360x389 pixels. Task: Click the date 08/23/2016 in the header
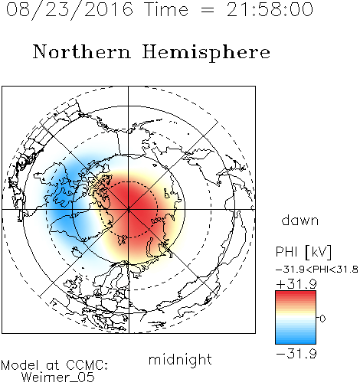[x=70, y=10]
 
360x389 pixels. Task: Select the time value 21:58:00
[x=270, y=9]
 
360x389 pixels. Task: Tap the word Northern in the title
[x=82, y=51]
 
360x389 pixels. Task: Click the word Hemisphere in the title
[x=206, y=53]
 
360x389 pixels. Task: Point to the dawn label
[x=300, y=220]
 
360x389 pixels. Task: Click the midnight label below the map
[x=180, y=360]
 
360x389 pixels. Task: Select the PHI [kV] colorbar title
[x=303, y=252]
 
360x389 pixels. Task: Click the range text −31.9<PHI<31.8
[x=317, y=270]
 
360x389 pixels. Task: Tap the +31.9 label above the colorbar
[x=296, y=284]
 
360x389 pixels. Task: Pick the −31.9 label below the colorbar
[x=296, y=354]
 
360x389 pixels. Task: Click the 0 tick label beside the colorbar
[x=322, y=319]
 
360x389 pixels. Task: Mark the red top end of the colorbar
[x=296, y=293]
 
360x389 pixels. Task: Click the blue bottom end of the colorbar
[x=296, y=342]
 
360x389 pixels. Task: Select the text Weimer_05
[x=58, y=378]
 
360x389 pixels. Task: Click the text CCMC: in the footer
[x=87, y=365]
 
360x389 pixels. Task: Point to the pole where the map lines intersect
[x=129, y=209]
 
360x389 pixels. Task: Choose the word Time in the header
[x=166, y=9]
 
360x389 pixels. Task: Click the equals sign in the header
[x=208, y=10]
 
